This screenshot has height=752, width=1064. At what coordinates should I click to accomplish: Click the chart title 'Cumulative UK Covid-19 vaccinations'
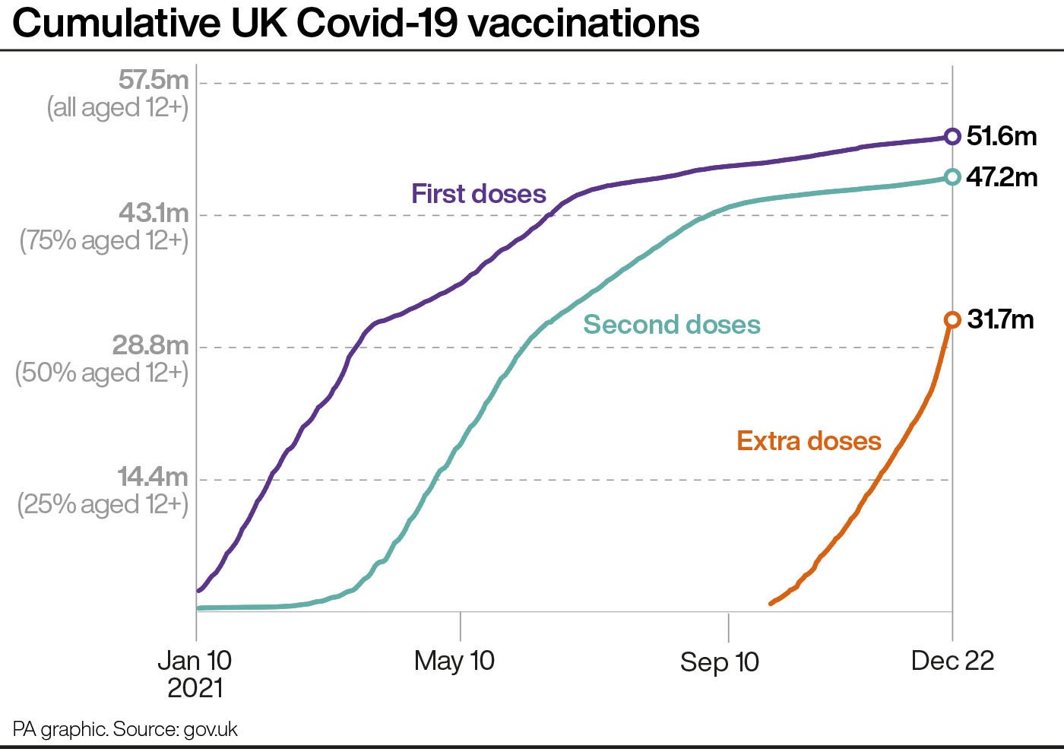(x=356, y=24)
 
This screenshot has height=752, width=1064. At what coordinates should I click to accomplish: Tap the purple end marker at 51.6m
(x=952, y=137)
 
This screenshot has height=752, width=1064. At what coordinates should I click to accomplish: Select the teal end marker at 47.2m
(x=952, y=177)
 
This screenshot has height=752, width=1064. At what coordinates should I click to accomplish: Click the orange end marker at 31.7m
(x=952, y=320)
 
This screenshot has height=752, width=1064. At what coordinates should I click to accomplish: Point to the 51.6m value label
(x=1002, y=136)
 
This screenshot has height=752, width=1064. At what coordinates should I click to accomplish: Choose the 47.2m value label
(x=1002, y=177)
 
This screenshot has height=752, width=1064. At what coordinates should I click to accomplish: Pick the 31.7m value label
(x=1000, y=319)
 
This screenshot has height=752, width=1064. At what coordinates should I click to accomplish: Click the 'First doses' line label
(x=479, y=194)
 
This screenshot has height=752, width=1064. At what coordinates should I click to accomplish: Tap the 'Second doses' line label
(x=672, y=325)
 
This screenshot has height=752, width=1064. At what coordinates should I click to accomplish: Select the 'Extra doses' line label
(x=809, y=441)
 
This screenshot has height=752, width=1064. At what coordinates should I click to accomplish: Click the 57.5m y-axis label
(x=153, y=80)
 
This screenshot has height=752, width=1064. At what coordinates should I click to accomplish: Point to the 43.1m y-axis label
(x=153, y=213)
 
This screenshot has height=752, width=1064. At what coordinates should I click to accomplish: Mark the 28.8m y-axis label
(x=150, y=345)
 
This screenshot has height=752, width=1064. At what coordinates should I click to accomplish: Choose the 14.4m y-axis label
(x=152, y=478)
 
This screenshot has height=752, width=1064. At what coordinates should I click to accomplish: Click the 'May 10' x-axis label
(x=454, y=661)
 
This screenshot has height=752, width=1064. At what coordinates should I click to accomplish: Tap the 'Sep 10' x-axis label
(x=719, y=662)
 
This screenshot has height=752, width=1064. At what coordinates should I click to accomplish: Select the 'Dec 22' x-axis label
(x=952, y=661)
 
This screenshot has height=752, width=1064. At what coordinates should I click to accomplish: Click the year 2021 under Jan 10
(x=195, y=689)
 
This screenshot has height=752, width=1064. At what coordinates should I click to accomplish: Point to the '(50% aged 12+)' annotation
(x=103, y=373)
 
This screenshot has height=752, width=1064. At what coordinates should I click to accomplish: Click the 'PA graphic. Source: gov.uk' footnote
(x=125, y=730)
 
